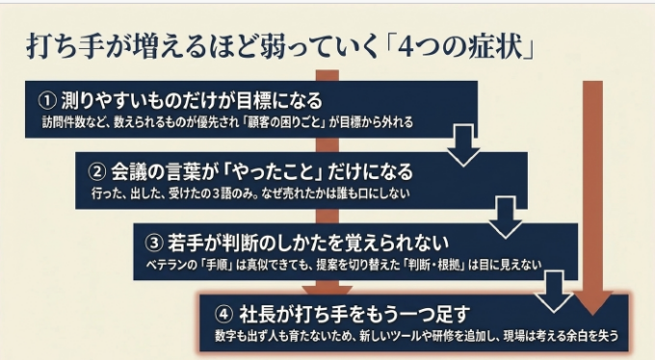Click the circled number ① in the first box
pos(47,100)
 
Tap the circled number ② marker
pos(97,171)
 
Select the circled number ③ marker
pos(154,243)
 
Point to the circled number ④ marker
pos(223,314)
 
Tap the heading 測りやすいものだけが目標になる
pos(192,100)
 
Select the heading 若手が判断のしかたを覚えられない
pos(308,243)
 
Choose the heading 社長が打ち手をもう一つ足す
pos(354,314)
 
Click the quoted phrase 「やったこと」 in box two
pos(274,171)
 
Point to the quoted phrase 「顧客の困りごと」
pos(285,122)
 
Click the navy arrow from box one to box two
pos(463,145)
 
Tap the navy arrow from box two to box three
pos(506,218)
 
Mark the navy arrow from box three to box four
pos(554,291)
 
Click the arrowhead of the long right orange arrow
pos(592,303)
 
